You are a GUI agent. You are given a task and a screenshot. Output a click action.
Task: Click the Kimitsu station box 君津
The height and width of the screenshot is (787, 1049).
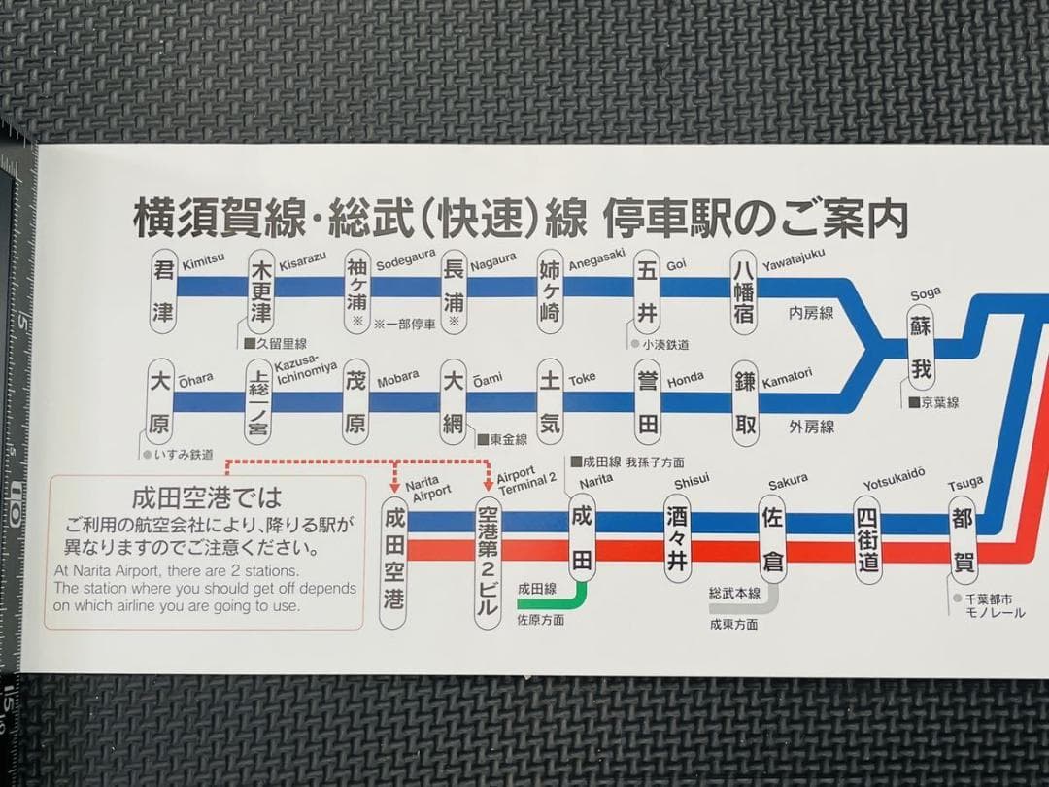[164, 291]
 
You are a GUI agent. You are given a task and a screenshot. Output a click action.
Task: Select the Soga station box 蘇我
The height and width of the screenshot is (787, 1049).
[921, 349]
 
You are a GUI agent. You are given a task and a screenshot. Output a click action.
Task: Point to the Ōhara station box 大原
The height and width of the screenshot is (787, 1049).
[160, 402]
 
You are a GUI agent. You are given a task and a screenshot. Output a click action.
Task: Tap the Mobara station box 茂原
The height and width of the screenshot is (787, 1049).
[355, 402]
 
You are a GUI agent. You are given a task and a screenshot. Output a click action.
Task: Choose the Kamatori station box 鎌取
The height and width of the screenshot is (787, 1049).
[746, 402]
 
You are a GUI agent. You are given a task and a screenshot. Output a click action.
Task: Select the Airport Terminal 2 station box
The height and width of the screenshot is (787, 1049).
[488, 560]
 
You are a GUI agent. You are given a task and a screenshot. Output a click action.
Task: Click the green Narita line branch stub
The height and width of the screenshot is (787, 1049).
[563, 597]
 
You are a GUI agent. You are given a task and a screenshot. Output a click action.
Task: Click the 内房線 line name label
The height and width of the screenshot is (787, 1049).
[811, 313]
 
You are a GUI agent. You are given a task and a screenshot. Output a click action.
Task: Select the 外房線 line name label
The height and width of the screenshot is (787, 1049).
[811, 426]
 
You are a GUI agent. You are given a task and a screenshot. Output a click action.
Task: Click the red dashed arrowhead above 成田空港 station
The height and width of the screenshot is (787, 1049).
[395, 486]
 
